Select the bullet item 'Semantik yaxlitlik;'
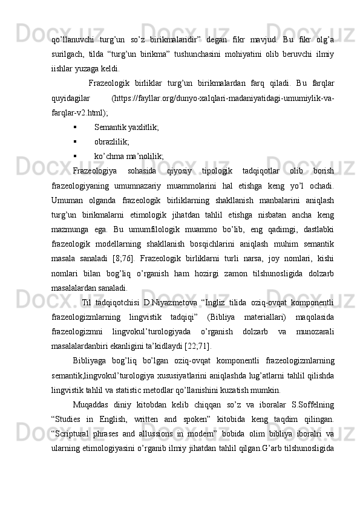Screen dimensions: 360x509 click(x=126, y=128)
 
